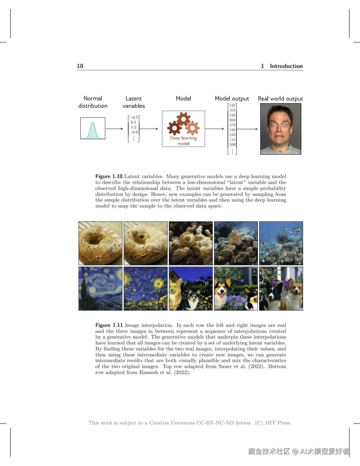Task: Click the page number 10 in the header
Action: [80, 66]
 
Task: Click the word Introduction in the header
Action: [286, 66]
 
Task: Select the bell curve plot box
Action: [93, 128]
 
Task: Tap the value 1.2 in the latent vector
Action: [134, 127]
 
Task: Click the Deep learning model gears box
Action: [183, 129]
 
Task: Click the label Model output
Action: [232, 98]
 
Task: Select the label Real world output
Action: [280, 99]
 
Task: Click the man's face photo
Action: [281, 129]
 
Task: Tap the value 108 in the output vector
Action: [232, 120]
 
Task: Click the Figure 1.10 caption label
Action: [109, 176]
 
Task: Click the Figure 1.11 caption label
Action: [109, 325]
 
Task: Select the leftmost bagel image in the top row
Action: [100, 243]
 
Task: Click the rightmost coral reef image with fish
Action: [281, 243]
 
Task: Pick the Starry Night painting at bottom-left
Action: [100, 288]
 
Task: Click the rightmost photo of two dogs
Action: [281, 288]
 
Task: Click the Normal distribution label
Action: [93, 102]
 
